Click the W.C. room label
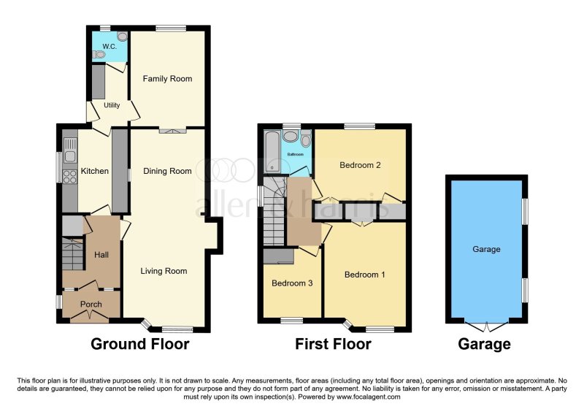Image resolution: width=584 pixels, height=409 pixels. coord(109,47)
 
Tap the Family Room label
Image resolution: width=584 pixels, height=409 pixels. coord(167,79)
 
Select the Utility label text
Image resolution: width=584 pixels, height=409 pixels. coord(112,106)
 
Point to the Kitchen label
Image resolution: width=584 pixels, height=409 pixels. coord(94,172)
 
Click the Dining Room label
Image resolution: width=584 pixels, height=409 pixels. coord(167,172)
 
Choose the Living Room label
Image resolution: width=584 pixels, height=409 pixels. coord(164,272)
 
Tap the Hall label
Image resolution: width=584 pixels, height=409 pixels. coord(101,255)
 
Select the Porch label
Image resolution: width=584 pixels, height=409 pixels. coord(91,305)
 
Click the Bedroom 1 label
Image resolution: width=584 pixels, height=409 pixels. coord(364,275)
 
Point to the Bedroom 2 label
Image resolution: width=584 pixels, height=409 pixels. coord(361,165)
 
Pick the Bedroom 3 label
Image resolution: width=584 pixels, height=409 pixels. coord(291,283)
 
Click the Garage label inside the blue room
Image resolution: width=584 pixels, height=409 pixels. coord(486,250)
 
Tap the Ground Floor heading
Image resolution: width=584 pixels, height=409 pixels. coord(139,344)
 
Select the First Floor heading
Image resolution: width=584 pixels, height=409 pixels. coord(333,344)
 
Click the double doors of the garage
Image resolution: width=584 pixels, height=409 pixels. coord(487,324)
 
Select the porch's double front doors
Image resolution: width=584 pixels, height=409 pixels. coord(91,316)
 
